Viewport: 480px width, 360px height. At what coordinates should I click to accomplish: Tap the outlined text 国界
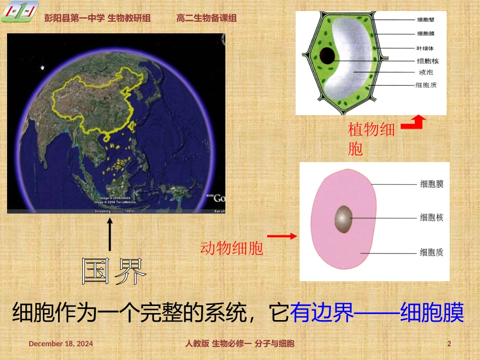[114, 271]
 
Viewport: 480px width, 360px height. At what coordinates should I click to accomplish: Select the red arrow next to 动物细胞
[281, 236]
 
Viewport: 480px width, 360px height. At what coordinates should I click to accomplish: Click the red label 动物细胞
[232, 248]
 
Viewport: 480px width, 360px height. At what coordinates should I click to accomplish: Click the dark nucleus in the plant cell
[327, 56]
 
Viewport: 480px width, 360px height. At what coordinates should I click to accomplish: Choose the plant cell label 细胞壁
[425, 20]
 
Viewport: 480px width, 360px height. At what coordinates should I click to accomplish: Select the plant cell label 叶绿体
[425, 48]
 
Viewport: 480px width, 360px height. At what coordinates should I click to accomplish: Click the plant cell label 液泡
[422, 72]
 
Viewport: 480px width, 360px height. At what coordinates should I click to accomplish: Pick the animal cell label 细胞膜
[431, 184]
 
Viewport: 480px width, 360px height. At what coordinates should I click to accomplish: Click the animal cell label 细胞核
[431, 218]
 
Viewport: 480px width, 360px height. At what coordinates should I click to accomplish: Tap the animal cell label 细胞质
[431, 252]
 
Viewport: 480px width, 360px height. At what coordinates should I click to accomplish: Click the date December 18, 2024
[61, 344]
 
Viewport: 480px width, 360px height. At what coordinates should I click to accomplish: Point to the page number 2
[449, 344]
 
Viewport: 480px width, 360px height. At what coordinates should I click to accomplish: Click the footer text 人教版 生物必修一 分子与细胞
[239, 344]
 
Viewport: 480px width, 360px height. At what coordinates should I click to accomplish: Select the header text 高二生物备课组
[207, 18]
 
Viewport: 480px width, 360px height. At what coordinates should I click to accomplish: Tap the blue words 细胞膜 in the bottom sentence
[431, 313]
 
